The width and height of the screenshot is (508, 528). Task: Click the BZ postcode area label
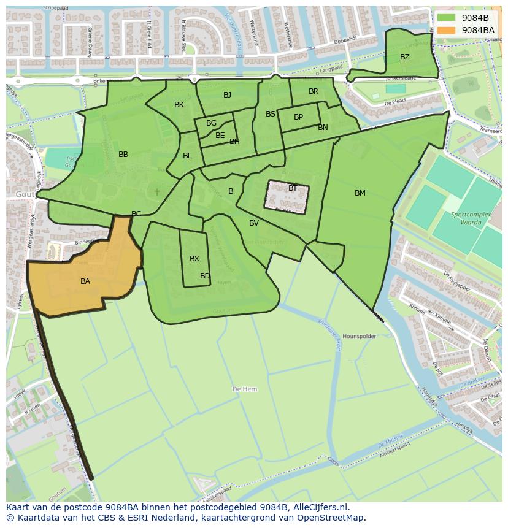click(x=404, y=57)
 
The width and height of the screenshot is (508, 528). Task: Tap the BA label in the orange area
click(x=85, y=281)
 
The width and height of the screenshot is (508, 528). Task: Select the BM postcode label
click(x=360, y=193)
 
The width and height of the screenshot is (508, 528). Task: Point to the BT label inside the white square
click(x=292, y=188)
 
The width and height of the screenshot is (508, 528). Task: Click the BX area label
click(x=194, y=259)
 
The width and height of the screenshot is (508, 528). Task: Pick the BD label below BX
click(x=205, y=276)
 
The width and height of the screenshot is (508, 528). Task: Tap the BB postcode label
click(x=123, y=155)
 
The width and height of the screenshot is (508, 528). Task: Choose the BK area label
click(x=179, y=105)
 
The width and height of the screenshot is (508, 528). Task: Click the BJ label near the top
click(x=227, y=94)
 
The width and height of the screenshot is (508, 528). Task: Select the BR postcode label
click(x=314, y=91)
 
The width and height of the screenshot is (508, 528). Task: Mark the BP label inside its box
click(x=298, y=117)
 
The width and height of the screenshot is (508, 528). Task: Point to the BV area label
click(x=254, y=223)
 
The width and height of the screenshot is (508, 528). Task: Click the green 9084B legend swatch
click(x=446, y=18)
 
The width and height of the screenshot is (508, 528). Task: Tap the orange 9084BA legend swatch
click(x=446, y=29)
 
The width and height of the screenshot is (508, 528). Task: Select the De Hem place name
click(x=245, y=389)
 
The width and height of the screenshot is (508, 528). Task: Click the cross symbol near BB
click(x=157, y=192)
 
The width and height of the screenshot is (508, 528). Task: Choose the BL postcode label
click(x=187, y=156)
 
